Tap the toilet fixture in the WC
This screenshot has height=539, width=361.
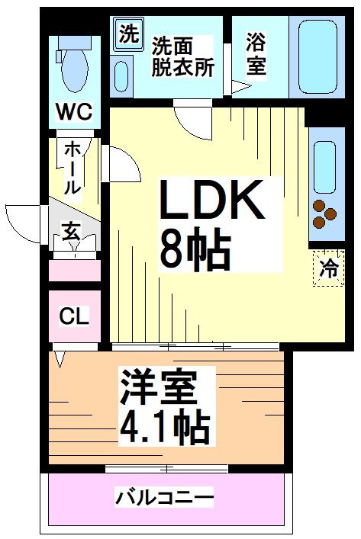coord(73,64)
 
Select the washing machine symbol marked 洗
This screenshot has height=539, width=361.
coord(128,34)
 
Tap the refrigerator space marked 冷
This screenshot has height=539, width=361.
coord(329,268)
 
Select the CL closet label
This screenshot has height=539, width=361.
coord(74,316)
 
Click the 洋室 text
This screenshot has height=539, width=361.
coord(158,390)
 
